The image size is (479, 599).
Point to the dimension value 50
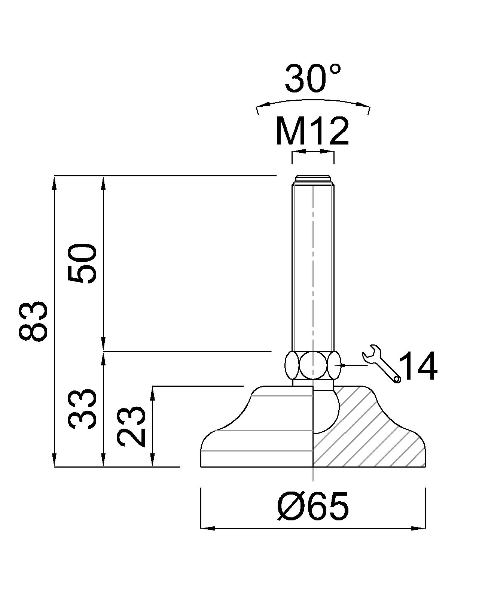pos(82,263)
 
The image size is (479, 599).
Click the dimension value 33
pos(82,409)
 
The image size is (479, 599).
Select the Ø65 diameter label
pos(313,507)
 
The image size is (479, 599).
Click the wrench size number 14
pos(418,367)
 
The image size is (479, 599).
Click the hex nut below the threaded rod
pos(313,365)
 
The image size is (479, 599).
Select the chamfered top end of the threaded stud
pos(313,179)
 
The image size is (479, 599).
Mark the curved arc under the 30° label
pos(313,101)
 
